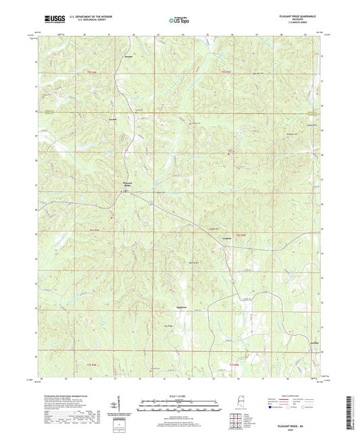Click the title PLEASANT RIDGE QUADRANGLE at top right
click(x=294, y=17)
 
